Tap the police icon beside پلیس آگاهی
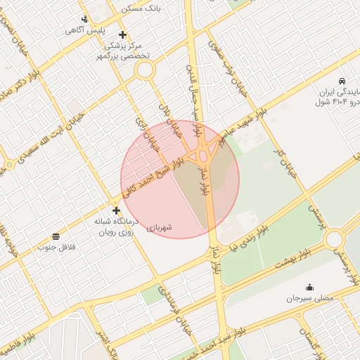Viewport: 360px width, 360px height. (x=84, y=19)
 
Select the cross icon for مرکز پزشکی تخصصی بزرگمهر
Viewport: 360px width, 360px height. (x=122, y=34)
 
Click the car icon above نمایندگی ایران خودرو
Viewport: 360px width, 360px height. (x=341, y=80)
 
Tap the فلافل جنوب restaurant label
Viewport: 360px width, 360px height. (x=56, y=247)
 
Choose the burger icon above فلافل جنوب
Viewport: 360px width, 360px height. (x=56, y=235)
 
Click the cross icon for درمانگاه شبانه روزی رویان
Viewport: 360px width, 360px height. (x=116, y=210)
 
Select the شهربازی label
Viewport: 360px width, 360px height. (x=160, y=227)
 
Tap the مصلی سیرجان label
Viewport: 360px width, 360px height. (x=310, y=299)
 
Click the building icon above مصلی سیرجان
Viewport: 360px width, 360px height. (x=309, y=287)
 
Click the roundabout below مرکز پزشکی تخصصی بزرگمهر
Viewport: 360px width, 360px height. (x=145, y=70)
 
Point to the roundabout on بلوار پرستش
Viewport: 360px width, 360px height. (x=334, y=238)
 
